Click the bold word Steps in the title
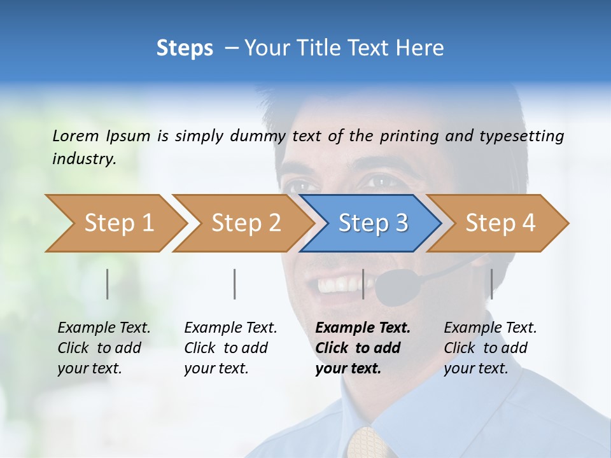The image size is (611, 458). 185,48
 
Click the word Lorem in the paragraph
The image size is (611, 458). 76,135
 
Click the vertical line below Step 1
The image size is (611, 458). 108,284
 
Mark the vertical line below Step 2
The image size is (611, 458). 235,284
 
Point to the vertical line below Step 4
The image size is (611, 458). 491,284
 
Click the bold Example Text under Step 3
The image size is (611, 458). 363,328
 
